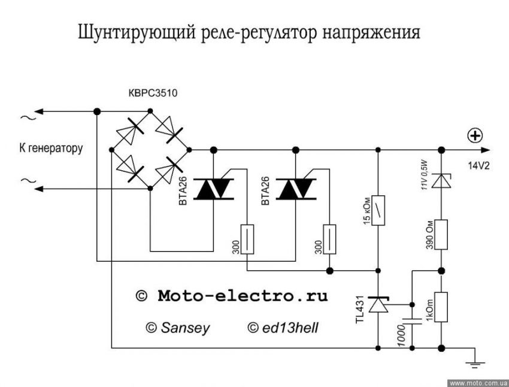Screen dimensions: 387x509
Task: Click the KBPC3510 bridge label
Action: click(x=153, y=94)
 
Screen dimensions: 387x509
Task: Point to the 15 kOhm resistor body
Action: click(x=377, y=210)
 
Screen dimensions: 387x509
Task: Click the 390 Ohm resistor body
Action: click(x=441, y=234)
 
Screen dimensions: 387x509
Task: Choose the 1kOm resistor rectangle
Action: click(x=441, y=307)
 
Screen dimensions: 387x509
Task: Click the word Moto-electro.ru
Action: click(x=243, y=296)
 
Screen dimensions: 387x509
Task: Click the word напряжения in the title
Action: click(x=366, y=33)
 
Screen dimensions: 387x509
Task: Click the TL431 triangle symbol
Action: click(x=378, y=306)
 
